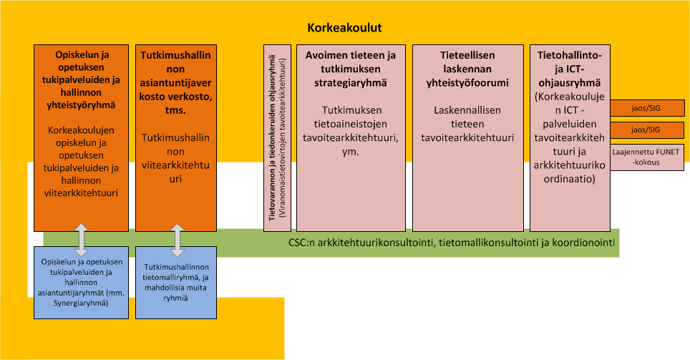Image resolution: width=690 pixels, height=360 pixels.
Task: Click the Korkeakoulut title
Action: pos(344,28)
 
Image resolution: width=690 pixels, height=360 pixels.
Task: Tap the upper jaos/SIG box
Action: pos(647,108)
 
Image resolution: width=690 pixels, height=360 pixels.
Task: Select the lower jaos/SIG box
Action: pos(647,130)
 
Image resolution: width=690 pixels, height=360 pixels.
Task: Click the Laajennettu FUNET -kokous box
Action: pos(647,157)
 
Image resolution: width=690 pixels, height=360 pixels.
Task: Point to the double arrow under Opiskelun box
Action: pos(82,240)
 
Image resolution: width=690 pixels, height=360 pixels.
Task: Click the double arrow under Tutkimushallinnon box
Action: pos(177,240)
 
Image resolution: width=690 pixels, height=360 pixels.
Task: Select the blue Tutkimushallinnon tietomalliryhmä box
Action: pos(176,283)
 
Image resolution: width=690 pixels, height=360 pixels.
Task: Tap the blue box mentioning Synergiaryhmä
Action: pos(82,283)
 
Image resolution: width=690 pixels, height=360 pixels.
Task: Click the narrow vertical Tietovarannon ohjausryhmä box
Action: pos(277,137)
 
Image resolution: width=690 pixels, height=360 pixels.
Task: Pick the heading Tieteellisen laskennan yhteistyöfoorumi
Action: pos(467,69)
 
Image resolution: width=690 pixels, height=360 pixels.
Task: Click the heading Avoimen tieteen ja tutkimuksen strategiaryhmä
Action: pos(351,69)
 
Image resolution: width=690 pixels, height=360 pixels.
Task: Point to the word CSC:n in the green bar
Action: pos(302,243)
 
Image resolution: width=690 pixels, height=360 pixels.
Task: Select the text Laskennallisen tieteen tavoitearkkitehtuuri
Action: pos(467,124)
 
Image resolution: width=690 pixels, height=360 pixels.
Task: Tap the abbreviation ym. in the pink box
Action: pos(351,152)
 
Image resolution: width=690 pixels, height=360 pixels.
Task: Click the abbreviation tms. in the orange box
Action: pos(175,110)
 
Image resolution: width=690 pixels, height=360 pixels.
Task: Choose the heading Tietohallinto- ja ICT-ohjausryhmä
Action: pos(570,69)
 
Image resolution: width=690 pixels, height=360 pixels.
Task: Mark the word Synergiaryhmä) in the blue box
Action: pos(81,303)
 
